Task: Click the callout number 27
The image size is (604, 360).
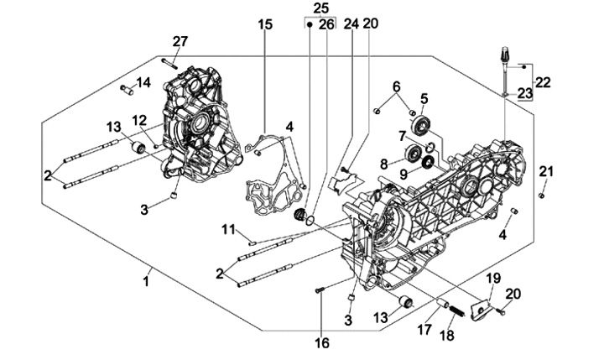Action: (x=180, y=42)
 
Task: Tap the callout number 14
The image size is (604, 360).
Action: (x=143, y=82)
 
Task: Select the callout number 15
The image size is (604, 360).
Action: (x=265, y=24)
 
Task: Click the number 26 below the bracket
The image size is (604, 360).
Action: (x=326, y=24)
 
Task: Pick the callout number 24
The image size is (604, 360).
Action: (x=351, y=24)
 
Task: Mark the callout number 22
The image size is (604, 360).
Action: (x=543, y=82)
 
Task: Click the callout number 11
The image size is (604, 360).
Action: (x=227, y=230)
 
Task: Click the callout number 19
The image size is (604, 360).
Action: (x=494, y=277)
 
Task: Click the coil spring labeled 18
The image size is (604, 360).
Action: (x=456, y=310)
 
